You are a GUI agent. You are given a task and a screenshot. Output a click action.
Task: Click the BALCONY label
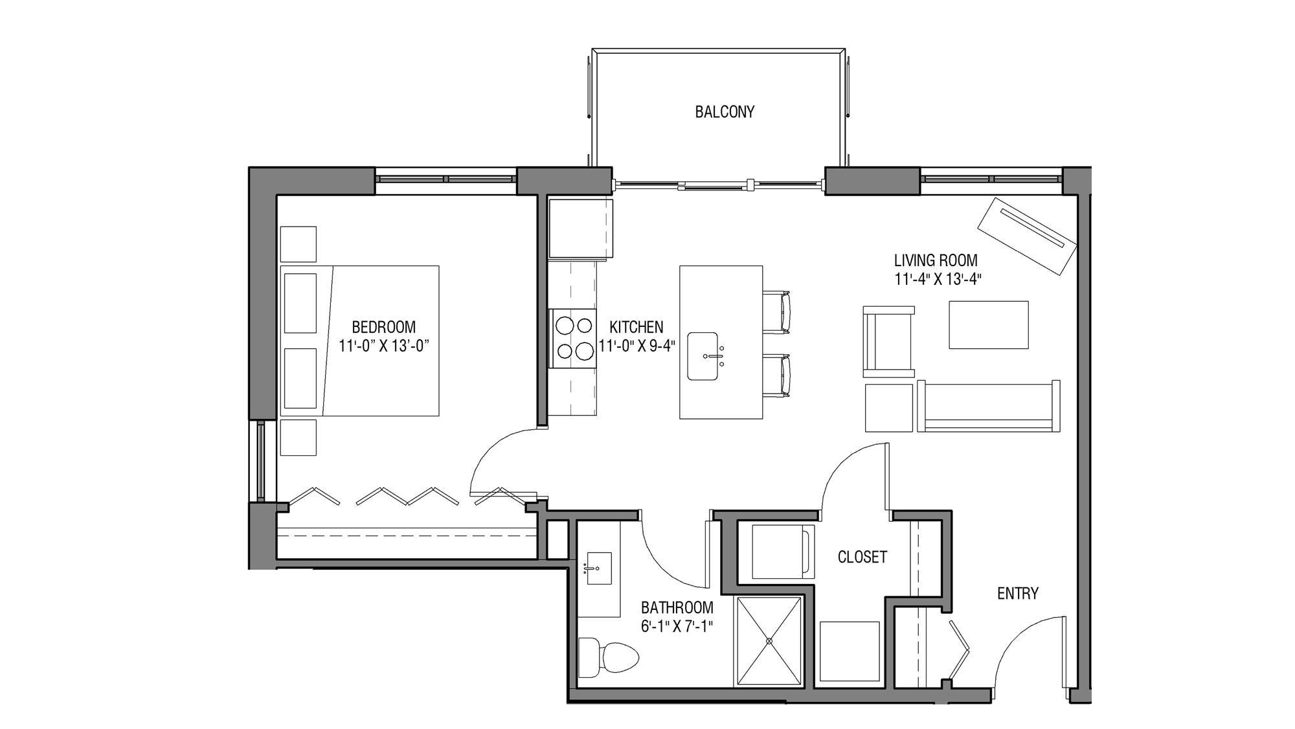click(x=725, y=112)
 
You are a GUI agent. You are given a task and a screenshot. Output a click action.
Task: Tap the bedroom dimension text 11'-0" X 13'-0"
click(x=384, y=346)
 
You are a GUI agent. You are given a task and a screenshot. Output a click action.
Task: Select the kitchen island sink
click(x=703, y=356)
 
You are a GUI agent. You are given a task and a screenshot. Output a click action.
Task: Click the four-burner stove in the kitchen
click(x=574, y=339)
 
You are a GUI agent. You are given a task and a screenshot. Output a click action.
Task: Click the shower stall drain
click(x=769, y=641)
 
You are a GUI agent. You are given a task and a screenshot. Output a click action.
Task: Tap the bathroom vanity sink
click(x=599, y=568)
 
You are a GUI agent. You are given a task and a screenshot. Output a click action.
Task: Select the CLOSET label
click(x=862, y=557)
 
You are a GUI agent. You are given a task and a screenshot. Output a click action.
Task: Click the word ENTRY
click(x=1017, y=594)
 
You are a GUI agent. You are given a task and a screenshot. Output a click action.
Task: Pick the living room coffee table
click(x=988, y=325)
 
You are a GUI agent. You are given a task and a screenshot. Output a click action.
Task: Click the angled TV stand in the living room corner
click(x=1027, y=236)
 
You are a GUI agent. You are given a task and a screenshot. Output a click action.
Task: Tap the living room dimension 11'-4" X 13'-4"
click(x=936, y=280)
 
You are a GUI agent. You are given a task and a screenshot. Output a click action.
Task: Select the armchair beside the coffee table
click(x=888, y=342)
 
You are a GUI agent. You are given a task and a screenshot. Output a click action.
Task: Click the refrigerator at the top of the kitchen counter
click(x=580, y=229)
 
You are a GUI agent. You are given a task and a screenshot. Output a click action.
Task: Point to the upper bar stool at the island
click(x=777, y=313)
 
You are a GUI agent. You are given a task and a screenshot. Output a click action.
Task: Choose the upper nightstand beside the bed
click(x=298, y=244)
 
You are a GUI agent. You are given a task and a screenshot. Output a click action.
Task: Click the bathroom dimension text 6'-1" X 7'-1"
click(x=677, y=627)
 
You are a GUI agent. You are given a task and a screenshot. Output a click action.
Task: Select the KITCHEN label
click(x=636, y=328)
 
